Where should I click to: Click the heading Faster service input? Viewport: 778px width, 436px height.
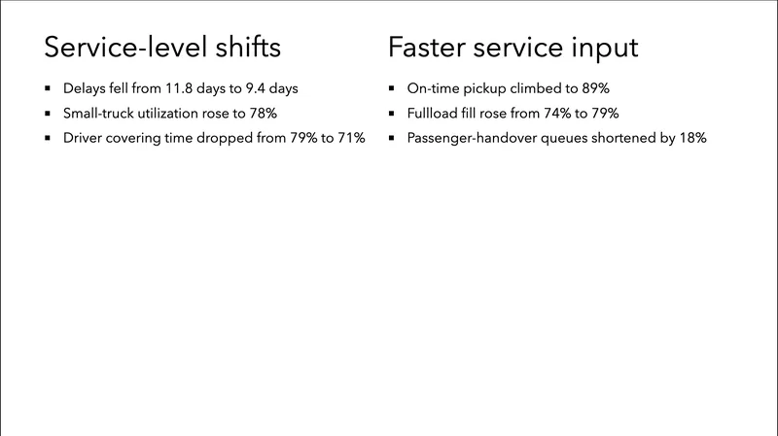513,48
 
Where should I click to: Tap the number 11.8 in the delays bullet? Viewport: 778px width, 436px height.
182,88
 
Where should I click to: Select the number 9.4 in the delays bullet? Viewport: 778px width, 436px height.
256,88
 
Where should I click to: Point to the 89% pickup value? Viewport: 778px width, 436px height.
594,88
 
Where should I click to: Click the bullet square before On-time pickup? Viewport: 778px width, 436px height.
391,89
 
